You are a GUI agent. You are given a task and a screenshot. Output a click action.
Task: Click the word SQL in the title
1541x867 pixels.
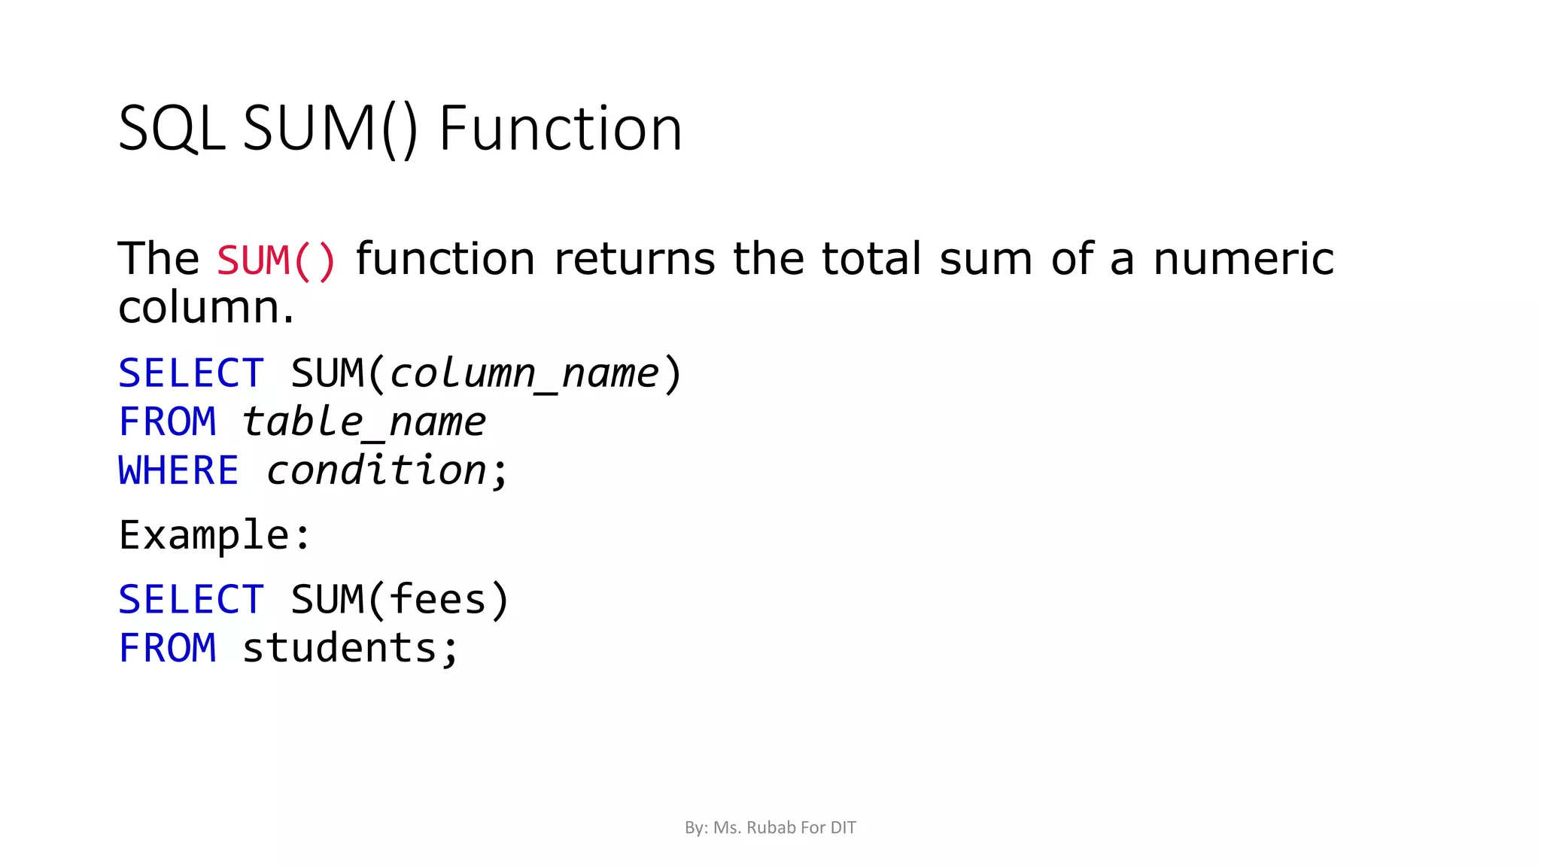point(172,129)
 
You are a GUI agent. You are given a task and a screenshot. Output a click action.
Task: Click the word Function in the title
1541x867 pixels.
point(560,129)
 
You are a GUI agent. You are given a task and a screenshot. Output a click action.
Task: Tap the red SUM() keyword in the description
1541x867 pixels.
point(276,260)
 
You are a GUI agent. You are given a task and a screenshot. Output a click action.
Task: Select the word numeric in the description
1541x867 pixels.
point(1243,259)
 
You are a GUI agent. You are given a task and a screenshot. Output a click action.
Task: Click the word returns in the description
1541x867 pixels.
point(634,259)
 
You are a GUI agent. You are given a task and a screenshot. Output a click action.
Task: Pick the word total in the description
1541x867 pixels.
point(871,259)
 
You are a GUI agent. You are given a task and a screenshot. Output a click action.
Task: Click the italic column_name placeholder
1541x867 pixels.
point(524,373)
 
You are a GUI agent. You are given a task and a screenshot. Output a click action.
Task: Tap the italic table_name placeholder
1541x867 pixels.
point(363,421)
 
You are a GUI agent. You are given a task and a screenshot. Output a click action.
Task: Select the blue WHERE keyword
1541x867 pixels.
point(178,470)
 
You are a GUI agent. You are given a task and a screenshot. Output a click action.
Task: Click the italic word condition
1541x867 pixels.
point(377,470)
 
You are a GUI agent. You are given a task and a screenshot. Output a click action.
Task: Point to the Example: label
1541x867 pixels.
point(214,535)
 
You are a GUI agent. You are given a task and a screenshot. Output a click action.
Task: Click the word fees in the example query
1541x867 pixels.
point(438,600)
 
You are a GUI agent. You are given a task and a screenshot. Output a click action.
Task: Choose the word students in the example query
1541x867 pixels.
point(339,648)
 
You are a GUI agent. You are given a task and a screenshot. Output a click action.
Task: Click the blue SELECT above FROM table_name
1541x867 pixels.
point(191,373)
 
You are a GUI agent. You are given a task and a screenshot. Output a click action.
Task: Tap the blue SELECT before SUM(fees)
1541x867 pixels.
point(191,600)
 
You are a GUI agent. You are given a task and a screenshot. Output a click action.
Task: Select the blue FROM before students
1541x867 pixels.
point(167,648)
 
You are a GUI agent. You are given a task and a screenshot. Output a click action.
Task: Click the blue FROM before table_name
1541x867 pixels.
point(167,421)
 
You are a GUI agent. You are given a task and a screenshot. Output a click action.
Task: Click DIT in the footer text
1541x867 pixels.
point(843,828)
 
